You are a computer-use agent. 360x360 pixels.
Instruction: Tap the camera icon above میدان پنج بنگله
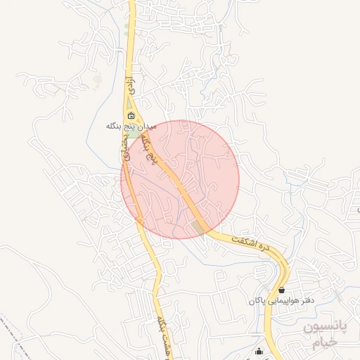[x=131, y=115]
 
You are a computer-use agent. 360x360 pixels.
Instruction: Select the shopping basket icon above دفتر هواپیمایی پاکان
[x=282, y=289]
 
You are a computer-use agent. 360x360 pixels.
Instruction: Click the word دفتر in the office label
[x=304, y=300]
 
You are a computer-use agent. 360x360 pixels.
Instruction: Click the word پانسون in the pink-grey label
[x=321, y=328]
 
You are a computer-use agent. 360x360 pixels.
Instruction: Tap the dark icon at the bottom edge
[x=259, y=352]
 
